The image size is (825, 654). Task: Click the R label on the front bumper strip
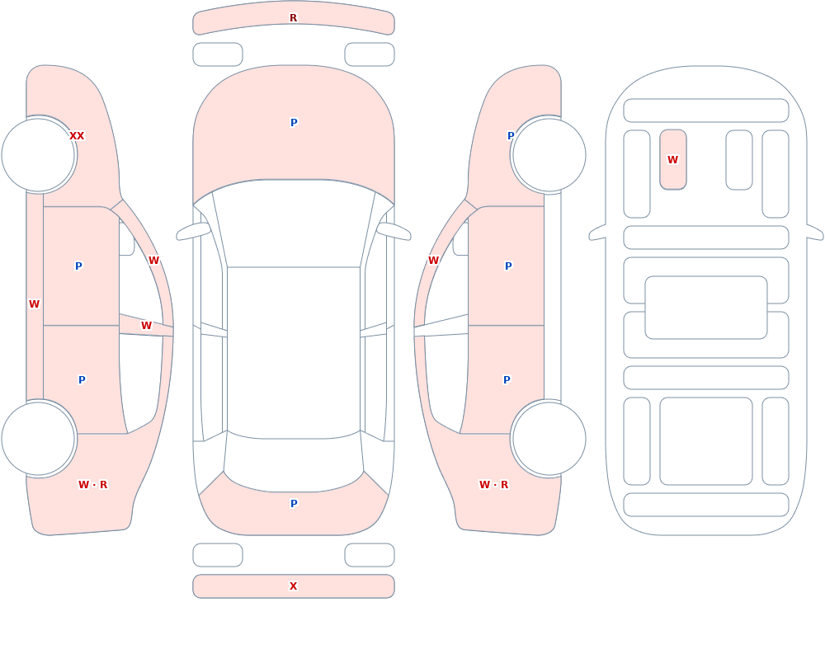click(293, 18)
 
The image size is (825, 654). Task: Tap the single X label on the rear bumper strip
click(293, 586)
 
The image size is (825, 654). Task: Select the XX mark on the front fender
click(77, 136)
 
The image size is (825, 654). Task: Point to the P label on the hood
click(294, 123)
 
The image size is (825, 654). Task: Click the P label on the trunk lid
click(294, 504)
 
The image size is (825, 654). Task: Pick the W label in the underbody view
click(672, 159)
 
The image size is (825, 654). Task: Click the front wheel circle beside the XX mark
click(39, 155)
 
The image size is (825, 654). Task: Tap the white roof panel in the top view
click(294, 352)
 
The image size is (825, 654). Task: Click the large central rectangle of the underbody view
click(706, 308)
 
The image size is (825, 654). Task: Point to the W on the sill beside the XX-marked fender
click(34, 304)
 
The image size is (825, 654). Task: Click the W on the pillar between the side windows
click(146, 326)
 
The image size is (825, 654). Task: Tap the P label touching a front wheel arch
click(511, 136)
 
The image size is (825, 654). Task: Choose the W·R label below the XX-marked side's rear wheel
click(92, 485)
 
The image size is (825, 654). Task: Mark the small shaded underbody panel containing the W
click(673, 159)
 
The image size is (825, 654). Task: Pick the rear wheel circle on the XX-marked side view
click(39, 439)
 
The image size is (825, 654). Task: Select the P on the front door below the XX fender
click(78, 266)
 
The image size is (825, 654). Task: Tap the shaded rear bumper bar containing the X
click(294, 586)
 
